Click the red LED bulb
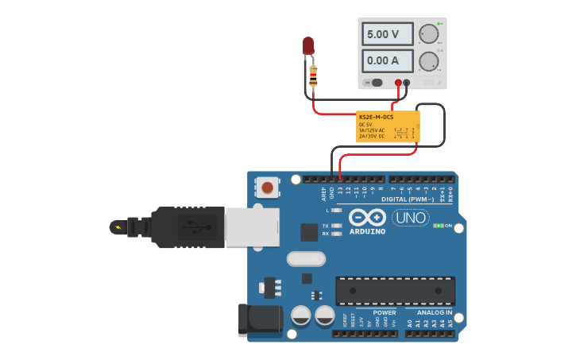[x=308, y=45]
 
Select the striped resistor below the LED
[x=313, y=76]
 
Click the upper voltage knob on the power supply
[x=428, y=33]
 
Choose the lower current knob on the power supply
[x=428, y=61]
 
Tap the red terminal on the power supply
[x=399, y=83]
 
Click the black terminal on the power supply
[x=407, y=83]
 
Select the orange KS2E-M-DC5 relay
[x=388, y=126]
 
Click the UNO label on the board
[x=412, y=217]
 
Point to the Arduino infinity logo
[x=366, y=217]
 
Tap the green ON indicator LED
[x=438, y=226]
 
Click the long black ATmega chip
[x=395, y=291]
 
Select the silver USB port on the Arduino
[x=252, y=226]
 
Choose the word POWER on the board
[x=385, y=312]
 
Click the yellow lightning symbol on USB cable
[x=119, y=227]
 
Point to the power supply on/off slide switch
[x=374, y=83]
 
